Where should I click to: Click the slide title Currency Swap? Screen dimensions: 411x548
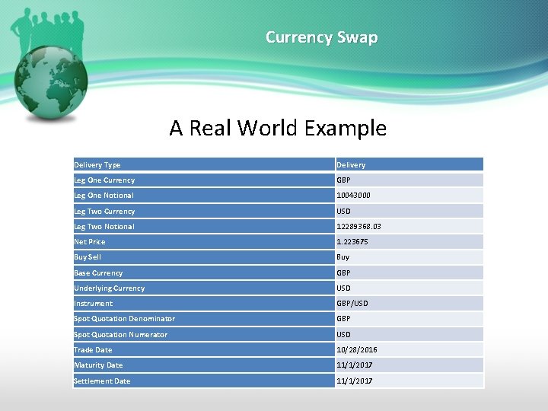pos(321,37)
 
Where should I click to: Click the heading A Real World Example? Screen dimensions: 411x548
pos(278,128)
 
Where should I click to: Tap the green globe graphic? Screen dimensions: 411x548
pos(52,84)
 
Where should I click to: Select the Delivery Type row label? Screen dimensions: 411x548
pos(97,165)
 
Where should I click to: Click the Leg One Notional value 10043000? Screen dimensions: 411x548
pos(354,196)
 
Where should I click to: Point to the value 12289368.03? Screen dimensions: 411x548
pos(359,227)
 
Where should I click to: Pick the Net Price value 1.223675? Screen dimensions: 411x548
pos(352,242)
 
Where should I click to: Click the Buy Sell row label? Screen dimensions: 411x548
pos(88,257)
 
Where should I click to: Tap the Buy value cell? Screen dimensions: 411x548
pos(343,257)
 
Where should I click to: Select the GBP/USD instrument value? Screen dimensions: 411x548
pos(352,304)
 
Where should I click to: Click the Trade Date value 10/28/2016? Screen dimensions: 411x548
pos(357,350)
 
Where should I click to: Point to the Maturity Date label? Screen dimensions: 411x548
pos(98,365)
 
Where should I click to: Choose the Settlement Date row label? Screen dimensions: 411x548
pos(102,381)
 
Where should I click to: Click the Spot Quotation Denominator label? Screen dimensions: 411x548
pos(124,319)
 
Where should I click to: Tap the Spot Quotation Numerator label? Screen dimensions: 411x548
pos(120,335)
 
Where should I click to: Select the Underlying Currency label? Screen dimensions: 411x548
pos(109,288)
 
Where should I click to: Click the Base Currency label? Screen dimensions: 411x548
pos(98,273)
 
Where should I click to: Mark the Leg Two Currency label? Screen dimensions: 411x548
pos(104,212)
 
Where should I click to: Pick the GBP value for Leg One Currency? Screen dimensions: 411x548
pos(344,180)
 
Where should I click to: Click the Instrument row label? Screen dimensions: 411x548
pos(93,304)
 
